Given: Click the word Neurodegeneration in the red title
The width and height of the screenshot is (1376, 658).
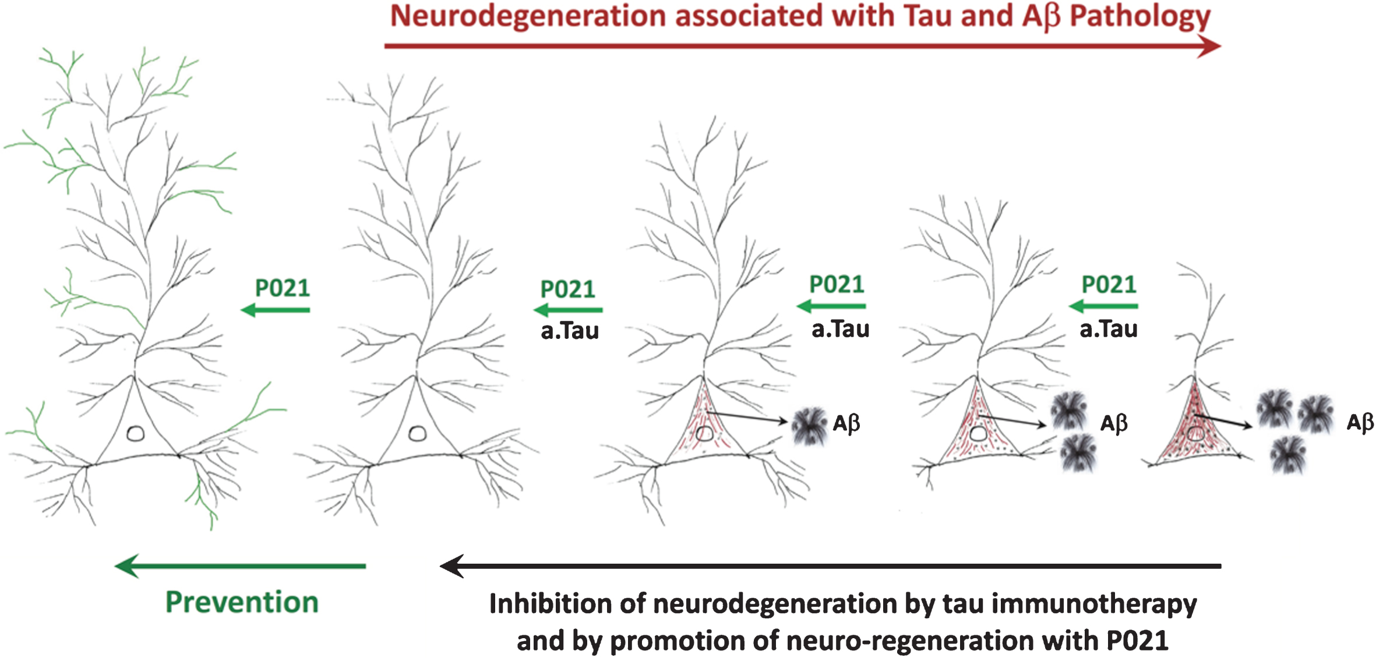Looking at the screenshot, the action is (x=527, y=16).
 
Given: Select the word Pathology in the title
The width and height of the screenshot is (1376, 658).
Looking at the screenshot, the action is (x=1140, y=16).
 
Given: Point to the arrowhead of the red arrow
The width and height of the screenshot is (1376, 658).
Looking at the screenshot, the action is (x=1209, y=46).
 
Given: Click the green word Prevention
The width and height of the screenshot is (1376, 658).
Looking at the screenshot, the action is (x=242, y=602).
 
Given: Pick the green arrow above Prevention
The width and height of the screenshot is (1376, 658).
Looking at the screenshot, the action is (x=240, y=565).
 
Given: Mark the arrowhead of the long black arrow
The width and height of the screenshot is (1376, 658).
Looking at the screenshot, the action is (x=453, y=565).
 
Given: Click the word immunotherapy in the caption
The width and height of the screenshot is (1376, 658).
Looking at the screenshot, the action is (x=1094, y=604).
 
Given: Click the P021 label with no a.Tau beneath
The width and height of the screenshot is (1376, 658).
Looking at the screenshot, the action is (x=283, y=288).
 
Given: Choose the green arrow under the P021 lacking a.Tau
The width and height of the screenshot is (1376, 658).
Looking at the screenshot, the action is (x=276, y=310).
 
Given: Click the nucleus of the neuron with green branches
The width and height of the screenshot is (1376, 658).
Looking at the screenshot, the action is (x=136, y=434).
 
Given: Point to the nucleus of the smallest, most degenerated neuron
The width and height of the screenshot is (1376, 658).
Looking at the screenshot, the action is (x=1196, y=434).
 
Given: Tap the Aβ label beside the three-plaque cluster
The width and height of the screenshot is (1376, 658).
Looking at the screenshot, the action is (x=1360, y=422).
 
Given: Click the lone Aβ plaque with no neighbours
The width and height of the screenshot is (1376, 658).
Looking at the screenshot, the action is (x=809, y=426).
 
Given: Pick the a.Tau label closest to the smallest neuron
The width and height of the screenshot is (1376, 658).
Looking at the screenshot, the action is (x=1109, y=329).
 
